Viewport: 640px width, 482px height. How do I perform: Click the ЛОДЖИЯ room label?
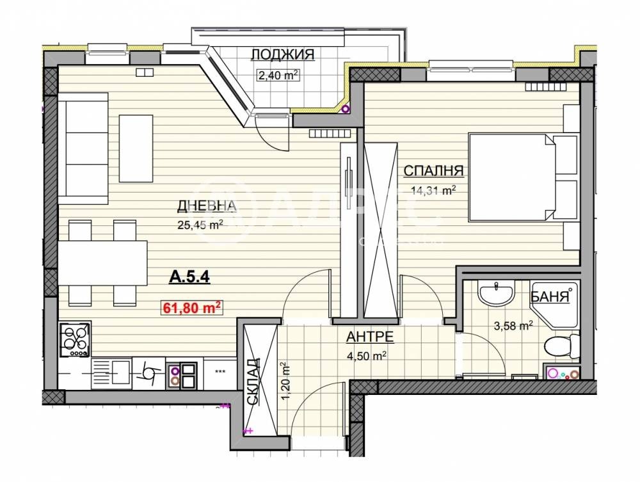pyautogui.click(x=282, y=54)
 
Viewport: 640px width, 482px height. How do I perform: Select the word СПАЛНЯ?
pyautogui.click(x=433, y=171)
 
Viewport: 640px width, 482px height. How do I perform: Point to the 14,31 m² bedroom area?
pyautogui.click(x=433, y=191)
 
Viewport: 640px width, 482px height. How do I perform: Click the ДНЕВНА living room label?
pyautogui.click(x=207, y=206)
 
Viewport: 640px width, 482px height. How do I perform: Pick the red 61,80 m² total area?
pyautogui.click(x=192, y=307)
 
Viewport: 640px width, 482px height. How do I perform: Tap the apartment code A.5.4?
pyautogui.click(x=189, y=278)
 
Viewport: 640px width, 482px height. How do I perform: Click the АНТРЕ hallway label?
pyautogui.click(x=370, y=337)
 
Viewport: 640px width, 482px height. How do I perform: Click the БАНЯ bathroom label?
pyautogui.click(x=550, y=297)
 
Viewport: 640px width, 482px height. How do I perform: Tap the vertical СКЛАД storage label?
pyautogui.click(x=253, y=382)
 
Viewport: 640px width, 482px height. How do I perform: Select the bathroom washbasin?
pyautogui.click(x=496, y=293)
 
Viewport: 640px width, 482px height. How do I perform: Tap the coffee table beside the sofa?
pyautogui.click(x=136, y=148)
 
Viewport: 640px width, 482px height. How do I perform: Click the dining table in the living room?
pyautogui.click(x=102, y=263)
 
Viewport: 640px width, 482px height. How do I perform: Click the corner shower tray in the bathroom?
pyautogui.click(x=554, y=305)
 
